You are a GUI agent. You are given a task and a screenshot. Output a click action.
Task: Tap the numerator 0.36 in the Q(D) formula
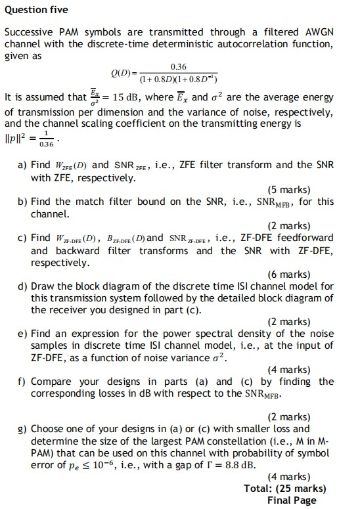178,67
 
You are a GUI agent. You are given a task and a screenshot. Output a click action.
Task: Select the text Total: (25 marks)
284,489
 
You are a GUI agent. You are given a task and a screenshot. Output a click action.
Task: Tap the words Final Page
292,500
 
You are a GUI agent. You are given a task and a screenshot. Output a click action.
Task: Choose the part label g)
23,429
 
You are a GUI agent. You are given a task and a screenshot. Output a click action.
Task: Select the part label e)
23,334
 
